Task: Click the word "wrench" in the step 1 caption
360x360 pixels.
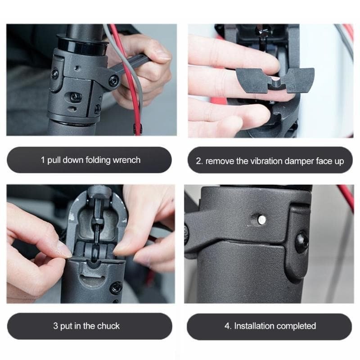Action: [126, 160]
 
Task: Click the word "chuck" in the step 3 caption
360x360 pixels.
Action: [108, 326]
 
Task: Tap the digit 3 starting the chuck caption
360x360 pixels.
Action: [55, 326]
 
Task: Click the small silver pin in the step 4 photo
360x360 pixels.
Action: [261, 220]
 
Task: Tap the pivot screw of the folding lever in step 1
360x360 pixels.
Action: [114, 81]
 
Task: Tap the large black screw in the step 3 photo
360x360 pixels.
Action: [116, 287]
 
